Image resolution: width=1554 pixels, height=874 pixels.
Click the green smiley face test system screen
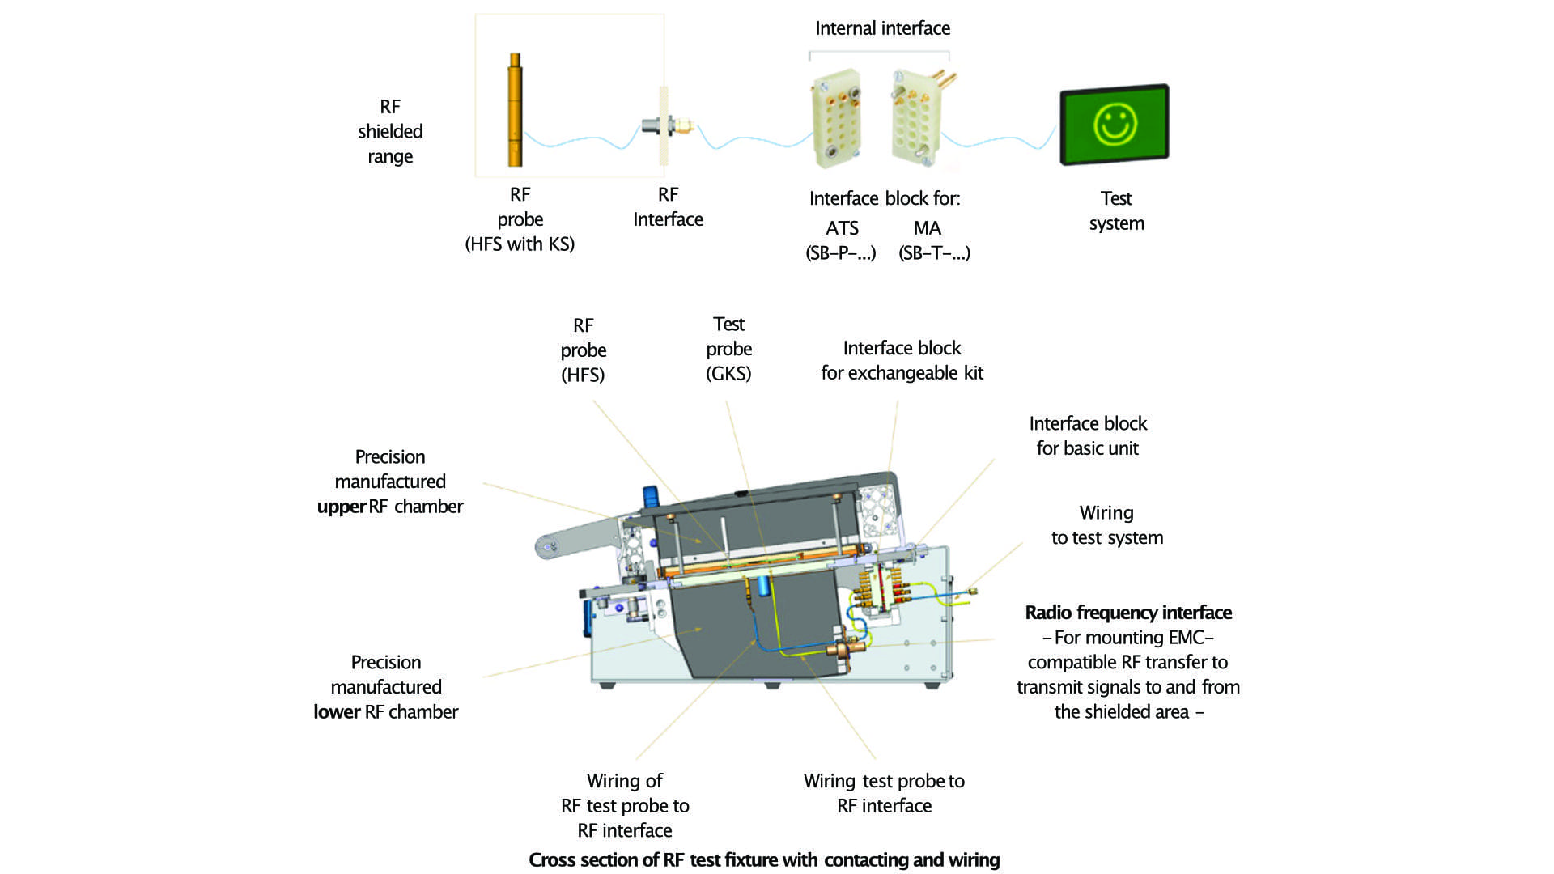(1115, 125)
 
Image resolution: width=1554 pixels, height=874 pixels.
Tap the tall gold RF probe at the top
(515, 110)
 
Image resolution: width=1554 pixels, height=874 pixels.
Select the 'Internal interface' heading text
(882, 28)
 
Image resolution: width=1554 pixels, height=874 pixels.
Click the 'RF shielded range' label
(390, 131)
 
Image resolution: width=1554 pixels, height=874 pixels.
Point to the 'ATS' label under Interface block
(842, 228)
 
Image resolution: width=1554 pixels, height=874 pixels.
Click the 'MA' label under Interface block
(928, 228)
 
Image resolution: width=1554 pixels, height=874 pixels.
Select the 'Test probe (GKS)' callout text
(728, 349)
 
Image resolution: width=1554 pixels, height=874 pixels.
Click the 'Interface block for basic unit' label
(1088, 435)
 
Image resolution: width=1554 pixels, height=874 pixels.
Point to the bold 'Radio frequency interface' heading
(1128, 613)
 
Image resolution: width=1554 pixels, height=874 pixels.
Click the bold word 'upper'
(341, 507)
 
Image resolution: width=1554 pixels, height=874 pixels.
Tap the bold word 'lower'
(337, 712)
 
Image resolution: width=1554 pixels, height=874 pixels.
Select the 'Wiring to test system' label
(1106, 525)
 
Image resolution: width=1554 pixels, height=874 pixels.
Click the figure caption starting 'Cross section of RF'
(764, 859)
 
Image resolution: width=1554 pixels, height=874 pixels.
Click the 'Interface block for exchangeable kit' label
(902, 360)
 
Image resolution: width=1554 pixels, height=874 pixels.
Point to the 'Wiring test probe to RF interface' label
(884, 793)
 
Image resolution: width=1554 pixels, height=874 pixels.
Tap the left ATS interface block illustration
(835, 118)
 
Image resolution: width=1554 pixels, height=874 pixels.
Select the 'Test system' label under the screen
(1116, 210)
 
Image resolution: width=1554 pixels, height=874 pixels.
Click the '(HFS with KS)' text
(520, 244)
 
